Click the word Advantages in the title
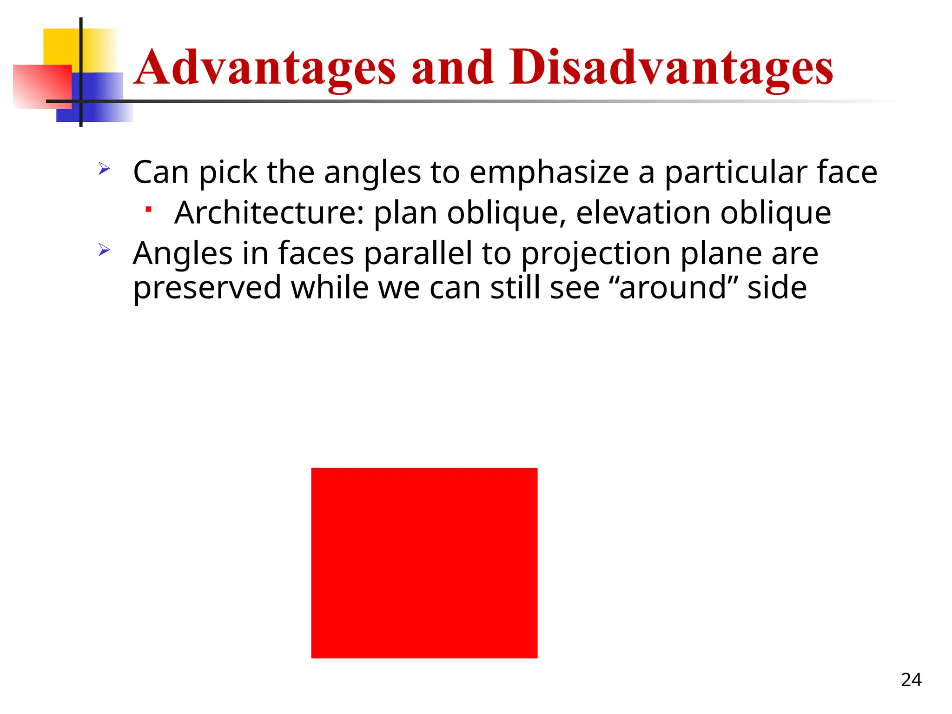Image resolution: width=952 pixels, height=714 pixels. [265, 68]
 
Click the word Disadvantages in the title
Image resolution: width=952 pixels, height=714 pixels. [671, 68]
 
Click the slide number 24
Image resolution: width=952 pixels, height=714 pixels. [911, 680]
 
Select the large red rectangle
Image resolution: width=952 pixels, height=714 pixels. [424, 563]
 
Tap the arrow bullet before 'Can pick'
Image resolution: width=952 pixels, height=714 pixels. [104, 169]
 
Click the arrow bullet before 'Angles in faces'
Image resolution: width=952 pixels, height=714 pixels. [104, 251]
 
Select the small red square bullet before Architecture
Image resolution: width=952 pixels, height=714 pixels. [148, 210]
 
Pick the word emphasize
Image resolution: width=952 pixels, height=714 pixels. [549, 172]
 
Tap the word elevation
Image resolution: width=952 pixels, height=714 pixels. [643, 213]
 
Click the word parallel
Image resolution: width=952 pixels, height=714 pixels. [417, 254]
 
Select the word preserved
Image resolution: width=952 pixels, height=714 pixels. [207, 288]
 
